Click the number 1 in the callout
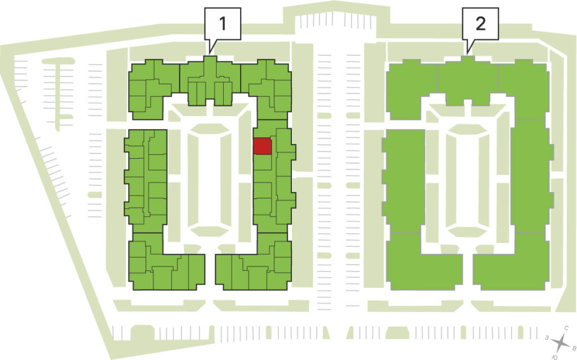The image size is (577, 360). (222, 24)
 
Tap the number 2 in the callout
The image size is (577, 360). (480, 24)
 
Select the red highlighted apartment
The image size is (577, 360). (263, 146)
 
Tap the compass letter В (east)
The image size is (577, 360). (573, 347)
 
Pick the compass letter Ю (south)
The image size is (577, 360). (555, 357)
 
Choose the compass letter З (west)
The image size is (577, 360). (547, 337)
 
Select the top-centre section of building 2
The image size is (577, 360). (468, 81)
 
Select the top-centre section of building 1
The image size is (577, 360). (210, 81)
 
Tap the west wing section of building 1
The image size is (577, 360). (146, 181)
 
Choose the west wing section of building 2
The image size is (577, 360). (403, 181)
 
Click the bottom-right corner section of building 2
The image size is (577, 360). (512, 262)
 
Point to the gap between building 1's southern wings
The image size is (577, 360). (210, 272)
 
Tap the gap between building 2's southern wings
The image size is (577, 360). (468, 272)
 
